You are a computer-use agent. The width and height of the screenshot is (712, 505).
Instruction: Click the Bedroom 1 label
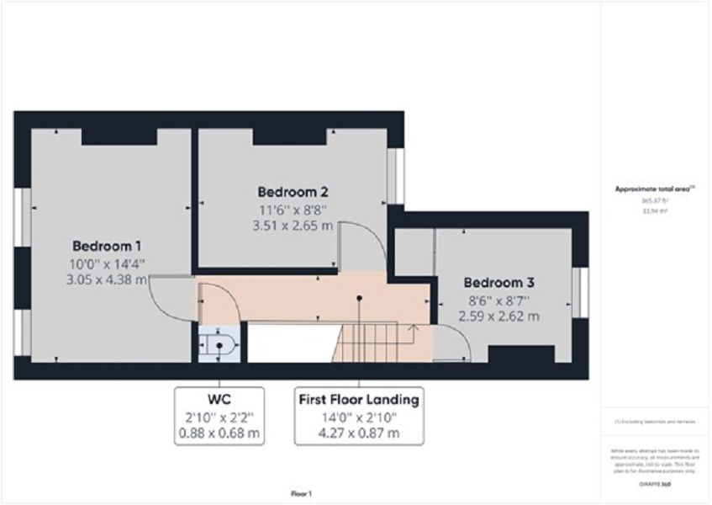107,246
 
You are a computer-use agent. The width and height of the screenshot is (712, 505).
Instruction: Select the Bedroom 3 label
498,283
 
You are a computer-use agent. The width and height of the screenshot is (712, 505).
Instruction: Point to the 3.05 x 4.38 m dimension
107,279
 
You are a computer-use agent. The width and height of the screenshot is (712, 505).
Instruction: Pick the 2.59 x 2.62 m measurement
498,316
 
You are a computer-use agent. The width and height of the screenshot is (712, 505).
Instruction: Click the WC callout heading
219,398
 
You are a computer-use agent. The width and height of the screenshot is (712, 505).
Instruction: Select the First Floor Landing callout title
359,398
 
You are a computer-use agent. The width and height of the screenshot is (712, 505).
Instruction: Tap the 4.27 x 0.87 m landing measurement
359,433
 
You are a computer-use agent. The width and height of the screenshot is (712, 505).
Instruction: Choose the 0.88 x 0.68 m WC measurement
219,433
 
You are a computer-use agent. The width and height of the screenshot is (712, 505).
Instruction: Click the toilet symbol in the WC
219,343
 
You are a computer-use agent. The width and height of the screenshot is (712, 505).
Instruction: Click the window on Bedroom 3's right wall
578,291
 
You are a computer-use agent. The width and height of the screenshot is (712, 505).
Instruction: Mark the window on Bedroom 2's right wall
400,176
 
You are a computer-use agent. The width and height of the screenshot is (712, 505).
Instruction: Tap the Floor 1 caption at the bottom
300,494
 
